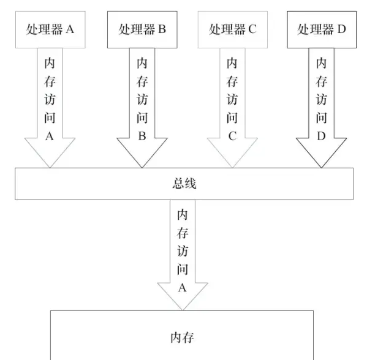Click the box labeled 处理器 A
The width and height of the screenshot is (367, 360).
[50, 29]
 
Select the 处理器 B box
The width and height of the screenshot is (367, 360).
[142, 29]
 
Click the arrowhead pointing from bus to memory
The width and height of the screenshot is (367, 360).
[181, 297]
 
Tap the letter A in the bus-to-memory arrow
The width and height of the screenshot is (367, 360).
[181, 287]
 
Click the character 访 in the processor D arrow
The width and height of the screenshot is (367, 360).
[322, 100]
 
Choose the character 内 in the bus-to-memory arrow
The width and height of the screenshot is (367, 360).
[182, 215]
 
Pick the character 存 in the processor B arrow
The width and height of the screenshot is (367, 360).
[142, 81]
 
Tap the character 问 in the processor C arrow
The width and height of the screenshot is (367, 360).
[232, 118]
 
